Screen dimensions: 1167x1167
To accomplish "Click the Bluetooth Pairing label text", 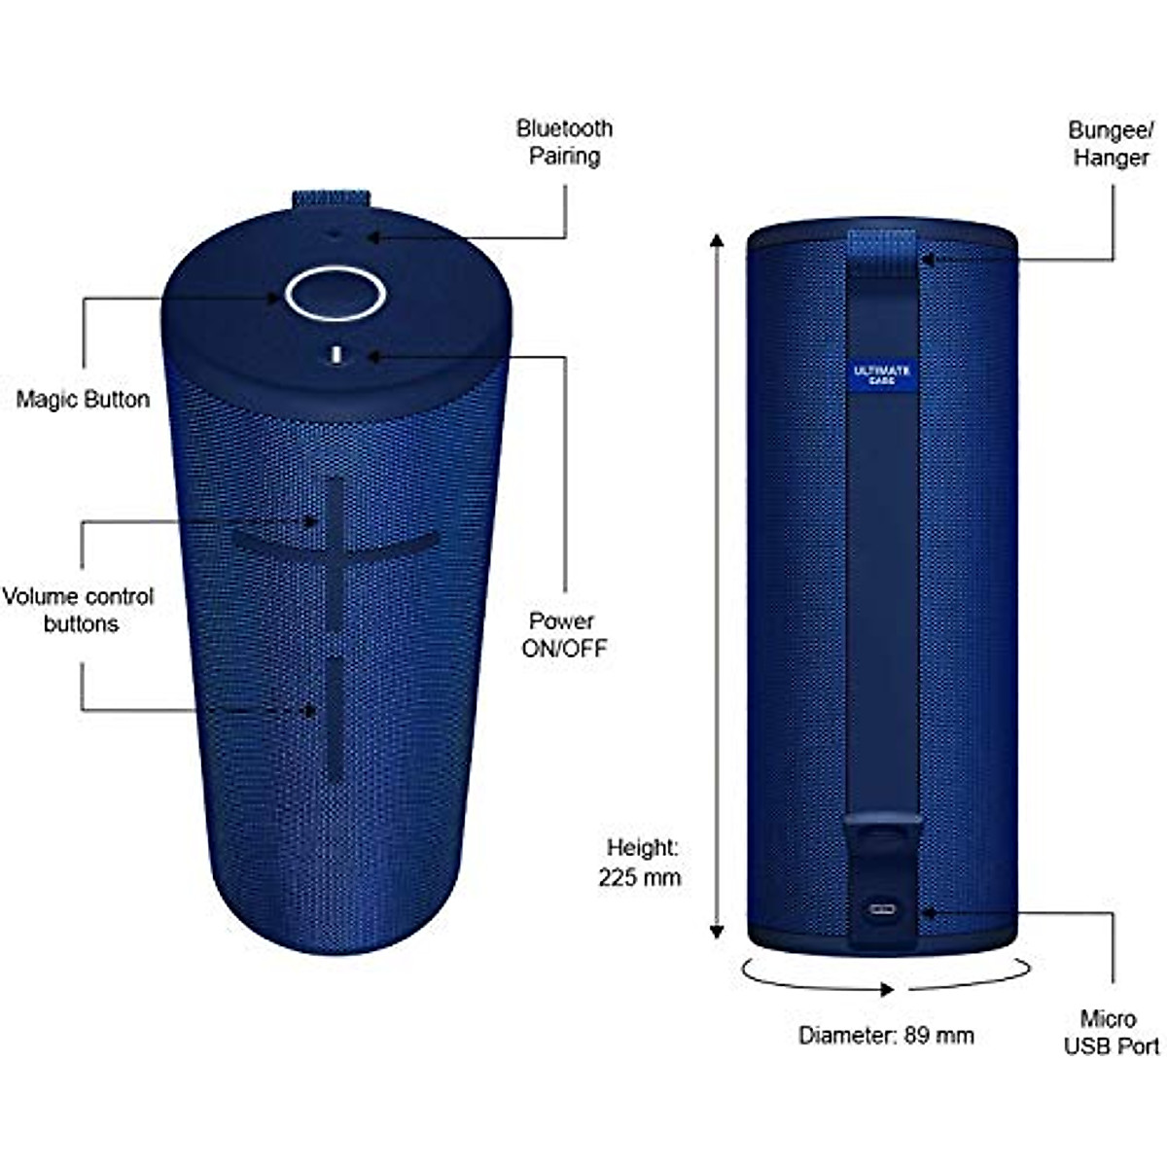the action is [x=564, y=142].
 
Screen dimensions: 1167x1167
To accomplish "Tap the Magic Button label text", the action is [x=83, y=399].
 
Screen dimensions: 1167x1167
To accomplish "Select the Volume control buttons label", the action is [x=79, y=610].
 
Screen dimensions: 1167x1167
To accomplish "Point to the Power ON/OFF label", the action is [x=563, y=635].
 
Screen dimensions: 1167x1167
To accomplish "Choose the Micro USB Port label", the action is [x=1110, y=1032].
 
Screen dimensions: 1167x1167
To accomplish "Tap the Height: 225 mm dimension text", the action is [x=640, y=863].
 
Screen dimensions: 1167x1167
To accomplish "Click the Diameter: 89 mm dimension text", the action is [x=886, y=1036].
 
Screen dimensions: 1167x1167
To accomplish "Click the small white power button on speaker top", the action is [x=336, y=355].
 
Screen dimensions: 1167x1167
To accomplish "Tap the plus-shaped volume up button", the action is [x=335, y=549].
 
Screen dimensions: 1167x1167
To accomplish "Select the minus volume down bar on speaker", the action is [x=335, y=717].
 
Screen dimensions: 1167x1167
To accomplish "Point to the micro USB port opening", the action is [x=884, y=912].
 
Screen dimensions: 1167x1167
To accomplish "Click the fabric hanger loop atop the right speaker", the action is [x=883, y=244].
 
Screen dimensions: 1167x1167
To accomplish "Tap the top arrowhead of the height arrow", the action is [x=717, y=241].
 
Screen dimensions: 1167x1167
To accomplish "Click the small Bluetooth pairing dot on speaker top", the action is [x=336, y=233].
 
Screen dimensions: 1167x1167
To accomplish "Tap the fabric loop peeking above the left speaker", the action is [x=331, y=199].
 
